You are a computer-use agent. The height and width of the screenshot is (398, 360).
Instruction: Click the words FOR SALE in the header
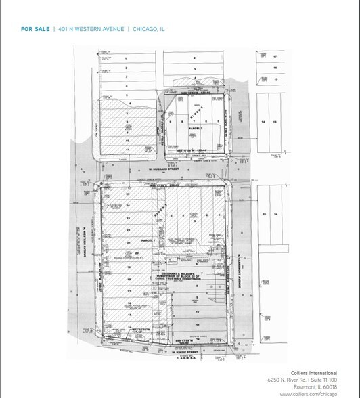tap(35, 29)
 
